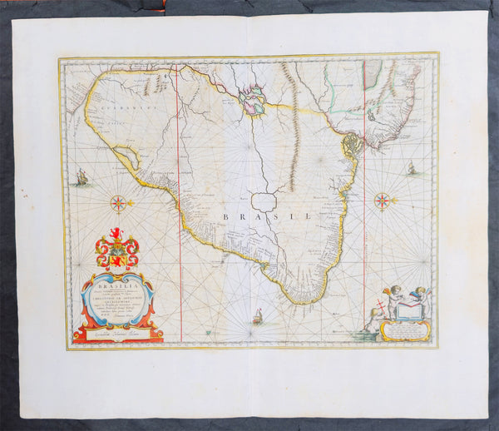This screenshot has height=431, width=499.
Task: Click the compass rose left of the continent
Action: point(119,202)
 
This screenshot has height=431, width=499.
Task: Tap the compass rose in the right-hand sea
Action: point(382,200)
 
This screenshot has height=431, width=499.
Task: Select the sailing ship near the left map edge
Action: point(81,177)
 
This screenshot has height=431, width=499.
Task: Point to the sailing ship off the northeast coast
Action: point(411,168)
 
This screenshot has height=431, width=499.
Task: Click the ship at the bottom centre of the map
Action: point(257,316)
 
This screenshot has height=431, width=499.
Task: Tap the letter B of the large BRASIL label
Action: point(224,216)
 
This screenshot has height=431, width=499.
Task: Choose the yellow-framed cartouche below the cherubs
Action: point(406,330)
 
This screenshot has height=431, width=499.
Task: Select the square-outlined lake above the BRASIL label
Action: point(264,201)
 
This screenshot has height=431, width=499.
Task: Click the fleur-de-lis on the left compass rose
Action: point(130,202)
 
